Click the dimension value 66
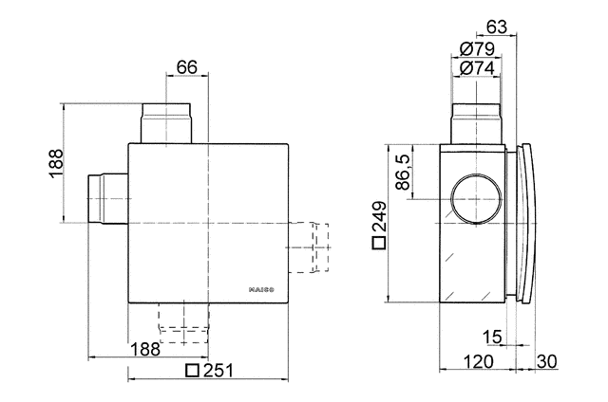click(x=186, y=66)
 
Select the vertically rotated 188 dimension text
click(x=55, y=163)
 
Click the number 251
click(x=217, y=371)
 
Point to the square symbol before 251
click(x=192, y=371)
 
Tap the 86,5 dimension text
click(x=404, y=173)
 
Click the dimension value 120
click(x=477, y=361)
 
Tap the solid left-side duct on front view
click(x=106, y=198)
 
